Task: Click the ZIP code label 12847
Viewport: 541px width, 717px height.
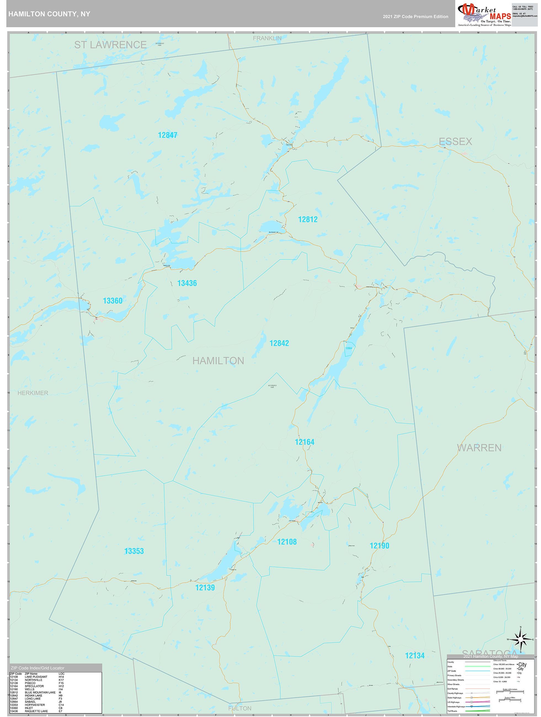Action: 167,135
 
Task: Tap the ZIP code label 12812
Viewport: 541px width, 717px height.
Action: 308,220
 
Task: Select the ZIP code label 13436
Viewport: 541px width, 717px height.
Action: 187,283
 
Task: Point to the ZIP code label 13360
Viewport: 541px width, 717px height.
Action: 113,301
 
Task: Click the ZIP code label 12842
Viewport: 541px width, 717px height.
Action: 279,343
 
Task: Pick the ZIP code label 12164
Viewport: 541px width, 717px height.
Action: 304,442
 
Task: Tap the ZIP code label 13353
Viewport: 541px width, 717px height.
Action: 134,551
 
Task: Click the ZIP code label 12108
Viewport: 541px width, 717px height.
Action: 287,542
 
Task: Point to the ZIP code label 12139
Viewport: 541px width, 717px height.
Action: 205,588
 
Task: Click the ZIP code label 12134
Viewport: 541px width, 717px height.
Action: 414,656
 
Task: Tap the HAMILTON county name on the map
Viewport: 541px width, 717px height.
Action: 218,361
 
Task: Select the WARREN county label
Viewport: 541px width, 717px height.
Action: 479,448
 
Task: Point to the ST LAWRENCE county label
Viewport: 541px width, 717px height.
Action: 110,45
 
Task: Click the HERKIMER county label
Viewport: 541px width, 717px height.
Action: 33,393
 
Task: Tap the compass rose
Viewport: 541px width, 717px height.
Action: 520,640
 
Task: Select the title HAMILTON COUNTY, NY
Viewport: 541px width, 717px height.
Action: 49,14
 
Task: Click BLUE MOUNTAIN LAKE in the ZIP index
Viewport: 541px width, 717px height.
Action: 40,692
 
